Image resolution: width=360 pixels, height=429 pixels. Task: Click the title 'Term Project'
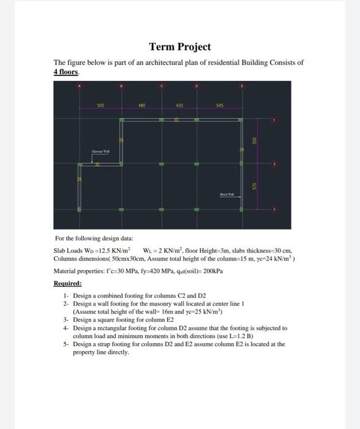click(x=180, y=47)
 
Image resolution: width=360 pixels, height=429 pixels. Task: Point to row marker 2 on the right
click(x=275, y=164)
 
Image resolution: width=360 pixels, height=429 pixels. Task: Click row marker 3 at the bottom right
click(x=275, y=209)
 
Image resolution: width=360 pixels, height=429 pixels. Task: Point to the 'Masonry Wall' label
click(x=100, y=150)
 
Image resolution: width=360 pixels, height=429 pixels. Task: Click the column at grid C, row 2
click(x=162, y=164)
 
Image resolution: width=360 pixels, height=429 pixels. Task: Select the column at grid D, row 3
click(x=197, y=209)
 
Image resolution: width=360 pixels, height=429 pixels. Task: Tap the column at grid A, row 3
click(x=79, y=209)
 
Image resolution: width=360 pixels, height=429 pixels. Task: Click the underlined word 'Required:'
click(x=68, y=283)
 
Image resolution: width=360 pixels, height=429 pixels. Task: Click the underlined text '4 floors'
click(x=65, y=72)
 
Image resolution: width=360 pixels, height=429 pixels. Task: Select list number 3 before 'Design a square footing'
click(x=66, y=320)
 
